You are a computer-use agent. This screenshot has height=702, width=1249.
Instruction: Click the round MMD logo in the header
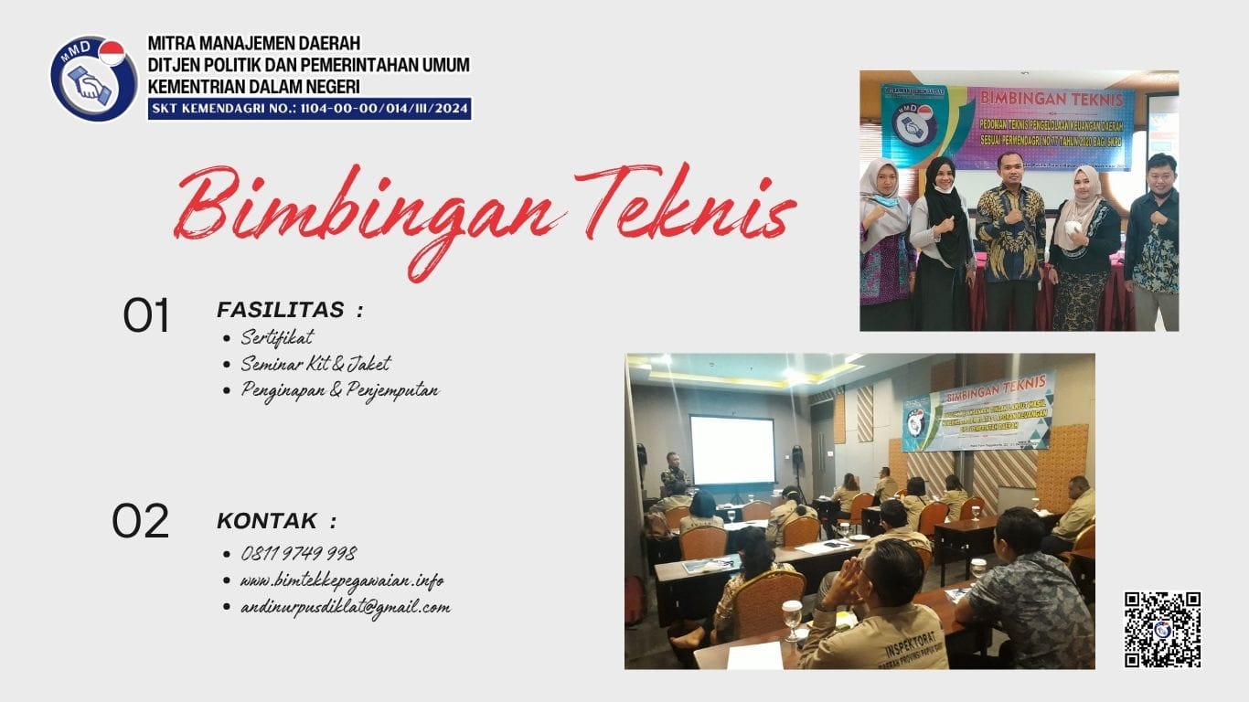click(93, 79)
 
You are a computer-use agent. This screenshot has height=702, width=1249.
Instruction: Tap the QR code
click(1162, 630)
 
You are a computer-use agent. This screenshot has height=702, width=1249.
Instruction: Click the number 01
click(146, 316)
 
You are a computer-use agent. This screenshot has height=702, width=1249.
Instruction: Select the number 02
click(141, 521)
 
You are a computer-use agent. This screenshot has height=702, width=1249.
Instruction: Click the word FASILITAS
click(281, 310)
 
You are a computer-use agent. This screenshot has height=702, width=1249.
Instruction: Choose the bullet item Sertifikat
click(277, 337)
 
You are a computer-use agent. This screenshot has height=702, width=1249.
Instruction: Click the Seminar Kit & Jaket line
click(315, 364)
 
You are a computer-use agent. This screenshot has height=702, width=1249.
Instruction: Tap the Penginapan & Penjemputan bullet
click(339, 390)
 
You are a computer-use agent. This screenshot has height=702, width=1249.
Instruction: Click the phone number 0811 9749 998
click(299, 554)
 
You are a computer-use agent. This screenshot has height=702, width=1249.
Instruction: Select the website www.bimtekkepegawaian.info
click(342, 580)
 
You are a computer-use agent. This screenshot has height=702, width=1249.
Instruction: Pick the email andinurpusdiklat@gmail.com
click(345, 607)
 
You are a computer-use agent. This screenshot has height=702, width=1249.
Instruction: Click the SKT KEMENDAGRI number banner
click(309, 110)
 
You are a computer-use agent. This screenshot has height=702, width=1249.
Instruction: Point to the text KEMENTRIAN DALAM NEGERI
click(253, 87)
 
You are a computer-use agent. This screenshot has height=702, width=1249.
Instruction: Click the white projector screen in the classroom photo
click(731, 450)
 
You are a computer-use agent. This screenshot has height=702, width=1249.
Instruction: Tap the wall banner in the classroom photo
click(977, 410)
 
